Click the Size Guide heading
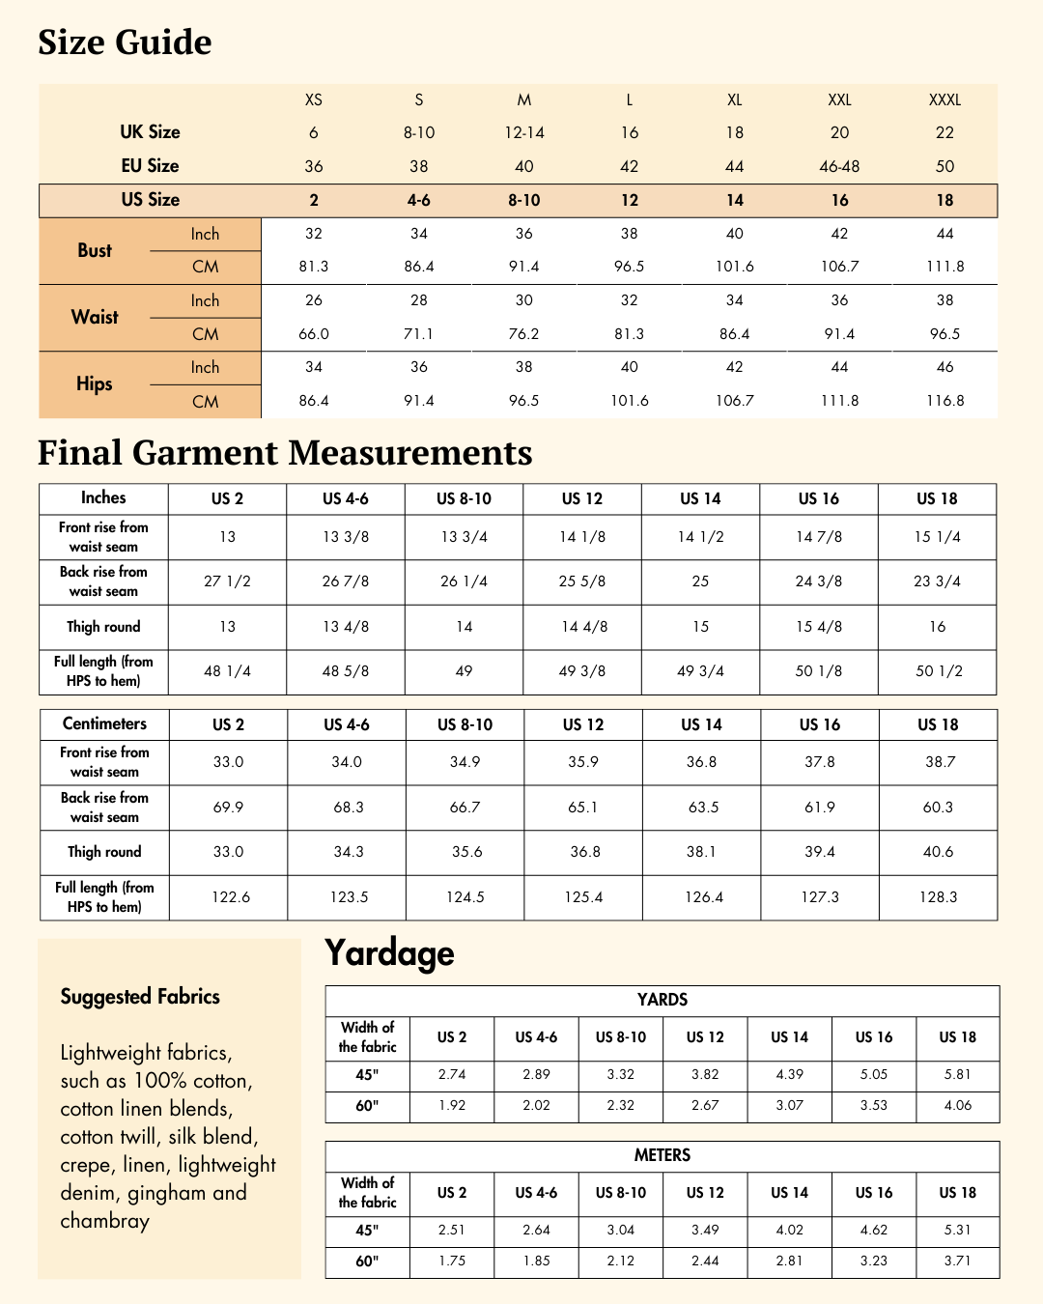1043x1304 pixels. point(125,43)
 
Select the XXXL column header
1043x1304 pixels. point(944,99)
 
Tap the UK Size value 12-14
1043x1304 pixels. point(524,132)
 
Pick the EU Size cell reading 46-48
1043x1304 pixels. point(839,166)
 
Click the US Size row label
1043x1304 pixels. point(151,200)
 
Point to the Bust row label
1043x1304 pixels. point(95,250)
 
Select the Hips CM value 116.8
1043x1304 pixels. point(944,401)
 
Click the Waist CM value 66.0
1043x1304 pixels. point(314,334)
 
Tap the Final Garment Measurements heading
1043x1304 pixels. point(285,453)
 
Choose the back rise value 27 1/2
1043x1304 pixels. point(228,581)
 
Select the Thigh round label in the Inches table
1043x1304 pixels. point(103,627)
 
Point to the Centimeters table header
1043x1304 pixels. point(104,723)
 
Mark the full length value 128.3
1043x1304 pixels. point(939,897)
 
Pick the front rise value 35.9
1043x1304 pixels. point(583,762)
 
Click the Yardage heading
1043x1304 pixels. point(389,953)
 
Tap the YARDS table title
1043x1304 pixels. point(662,1000)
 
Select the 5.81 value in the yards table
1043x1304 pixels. point(957,1074)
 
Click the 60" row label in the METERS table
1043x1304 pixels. point(367,1261)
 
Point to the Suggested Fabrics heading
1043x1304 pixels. point(140,997)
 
